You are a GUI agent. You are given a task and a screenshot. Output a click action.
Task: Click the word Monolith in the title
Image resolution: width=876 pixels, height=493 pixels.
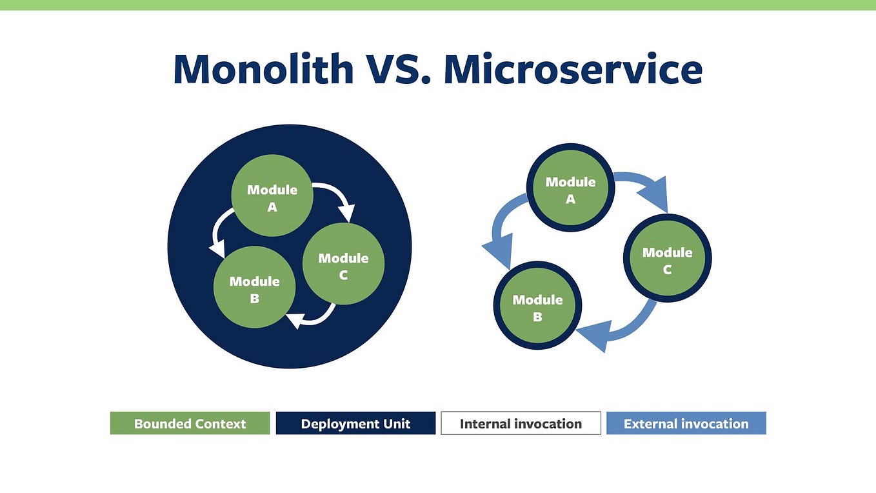click(263, 69)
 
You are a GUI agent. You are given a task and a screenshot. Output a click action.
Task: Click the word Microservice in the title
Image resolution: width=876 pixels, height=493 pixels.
click(573, 69)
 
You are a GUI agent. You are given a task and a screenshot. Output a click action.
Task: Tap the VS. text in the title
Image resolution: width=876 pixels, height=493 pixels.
click(398, 69)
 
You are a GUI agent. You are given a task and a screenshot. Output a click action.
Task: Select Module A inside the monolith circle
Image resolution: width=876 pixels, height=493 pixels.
click(272, 196)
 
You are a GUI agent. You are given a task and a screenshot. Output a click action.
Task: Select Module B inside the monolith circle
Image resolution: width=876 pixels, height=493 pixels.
click(254, 288)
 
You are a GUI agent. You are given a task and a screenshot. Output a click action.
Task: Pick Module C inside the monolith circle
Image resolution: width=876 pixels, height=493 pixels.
click(343, 264)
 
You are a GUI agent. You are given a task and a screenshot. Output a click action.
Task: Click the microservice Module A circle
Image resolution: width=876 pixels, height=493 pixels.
click(570, 188)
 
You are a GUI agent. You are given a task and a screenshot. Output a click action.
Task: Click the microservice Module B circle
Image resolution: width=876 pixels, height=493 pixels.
click(537, 306)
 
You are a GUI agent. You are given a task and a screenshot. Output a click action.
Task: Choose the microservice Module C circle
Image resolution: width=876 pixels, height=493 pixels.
click(667, 259)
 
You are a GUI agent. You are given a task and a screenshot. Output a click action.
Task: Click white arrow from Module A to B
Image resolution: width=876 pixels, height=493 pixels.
click(219, 231)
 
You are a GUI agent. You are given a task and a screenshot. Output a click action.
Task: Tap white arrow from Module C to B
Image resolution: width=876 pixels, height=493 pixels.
click(316, 317)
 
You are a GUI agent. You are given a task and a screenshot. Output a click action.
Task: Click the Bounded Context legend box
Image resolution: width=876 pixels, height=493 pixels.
click(190, 423)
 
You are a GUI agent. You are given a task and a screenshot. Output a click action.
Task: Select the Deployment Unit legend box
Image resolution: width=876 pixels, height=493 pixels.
click(355, 423)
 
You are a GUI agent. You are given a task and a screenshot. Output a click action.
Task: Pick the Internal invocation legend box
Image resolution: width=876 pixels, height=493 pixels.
click(521, 423)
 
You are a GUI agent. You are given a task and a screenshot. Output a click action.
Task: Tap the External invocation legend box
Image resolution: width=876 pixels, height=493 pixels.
click(686, 423)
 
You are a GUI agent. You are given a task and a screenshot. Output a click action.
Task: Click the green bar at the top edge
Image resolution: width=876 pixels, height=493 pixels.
click(438, 5)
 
